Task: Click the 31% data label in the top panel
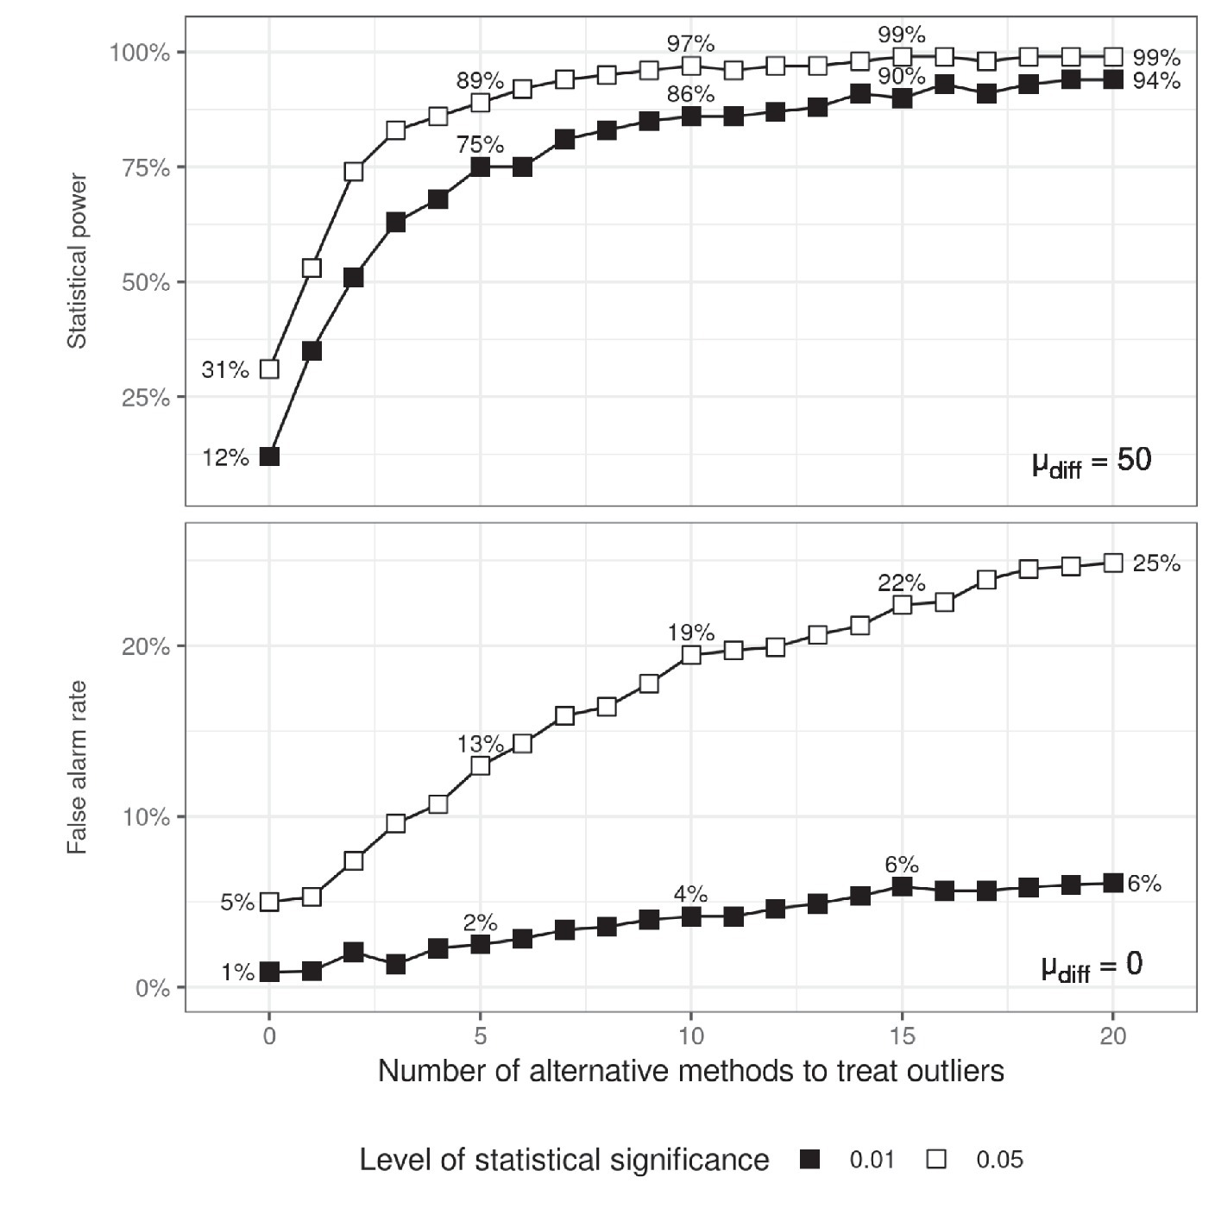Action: [x=224, y=370]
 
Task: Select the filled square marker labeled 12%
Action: [x=269, y=456]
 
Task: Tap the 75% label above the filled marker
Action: [x=480, y=145]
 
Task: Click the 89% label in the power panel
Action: [x=480, y=81]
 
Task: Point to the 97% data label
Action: [x=690, y=43]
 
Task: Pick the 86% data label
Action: [x=690, y=94]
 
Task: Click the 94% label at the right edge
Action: [x=1156, y=81]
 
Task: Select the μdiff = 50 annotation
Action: [x=1092, y=462]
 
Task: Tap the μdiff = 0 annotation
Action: [x=1092, y=966]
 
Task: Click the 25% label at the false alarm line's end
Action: [x=1156, y=563]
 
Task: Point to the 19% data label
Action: [x=690, y=633]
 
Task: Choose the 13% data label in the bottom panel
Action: [x=480, y=744]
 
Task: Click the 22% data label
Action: [x=902, y=583]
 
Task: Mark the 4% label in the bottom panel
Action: [x=690, y=895]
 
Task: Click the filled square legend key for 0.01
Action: [x=809, y=1160]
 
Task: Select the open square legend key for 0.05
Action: [x=936, y=1160]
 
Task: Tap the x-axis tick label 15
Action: [x=902, y=1036]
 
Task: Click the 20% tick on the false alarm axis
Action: [x=146, y=647]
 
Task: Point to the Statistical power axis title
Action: [x=78, y=261]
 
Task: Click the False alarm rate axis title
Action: [x=78, y=767]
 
